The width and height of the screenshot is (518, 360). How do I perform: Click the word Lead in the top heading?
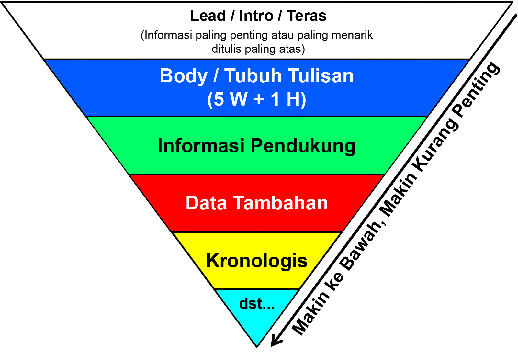click(x=208, y=16)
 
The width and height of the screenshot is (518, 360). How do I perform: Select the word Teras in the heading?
click(x=306, y=16)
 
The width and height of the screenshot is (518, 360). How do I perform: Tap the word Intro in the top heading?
click(x=256, y=16)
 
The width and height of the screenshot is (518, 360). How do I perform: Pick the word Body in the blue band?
click(x=184, y=76)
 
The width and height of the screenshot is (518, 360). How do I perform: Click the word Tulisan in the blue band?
click(x=321, y=76)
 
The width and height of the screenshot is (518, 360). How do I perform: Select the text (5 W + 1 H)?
click(x=256, y=99)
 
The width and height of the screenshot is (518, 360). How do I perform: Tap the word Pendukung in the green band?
click(x=303, y=146)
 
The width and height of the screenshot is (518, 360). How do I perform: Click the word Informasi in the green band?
click(x=201, y=146)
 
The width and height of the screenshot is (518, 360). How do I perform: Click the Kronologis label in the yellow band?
click(x=257, y=261)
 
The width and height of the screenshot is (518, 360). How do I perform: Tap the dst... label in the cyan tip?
click(x=257, y=304)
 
